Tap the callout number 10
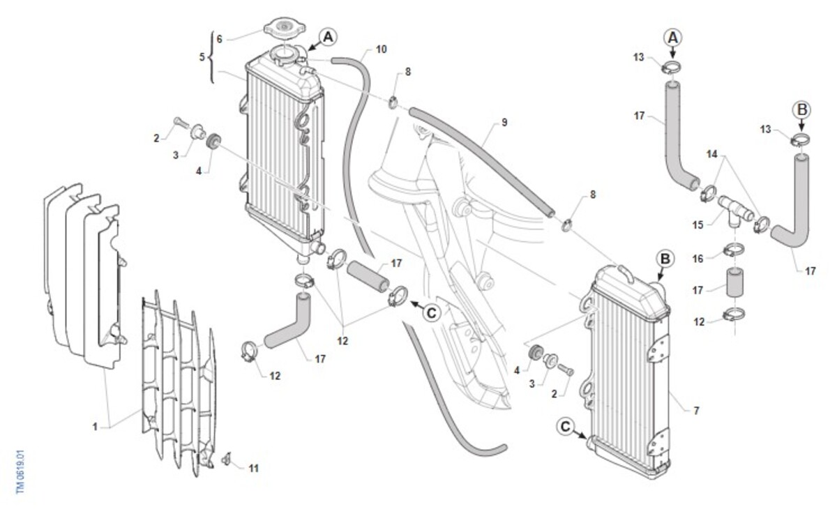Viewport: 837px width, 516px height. tap(381, 50)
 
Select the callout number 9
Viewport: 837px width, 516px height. tap(504, 123)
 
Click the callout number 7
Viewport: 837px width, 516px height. tap(695, 411)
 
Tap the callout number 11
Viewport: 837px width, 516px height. tap(253, 468)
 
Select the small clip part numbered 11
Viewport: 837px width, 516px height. tap(226, 460)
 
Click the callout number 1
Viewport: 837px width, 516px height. tap(95, 426)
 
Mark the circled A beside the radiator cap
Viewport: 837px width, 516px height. tap(328, 37)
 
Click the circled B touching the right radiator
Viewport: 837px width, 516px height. tap(665, 259)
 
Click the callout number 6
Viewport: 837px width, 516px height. tap(219, 39)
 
